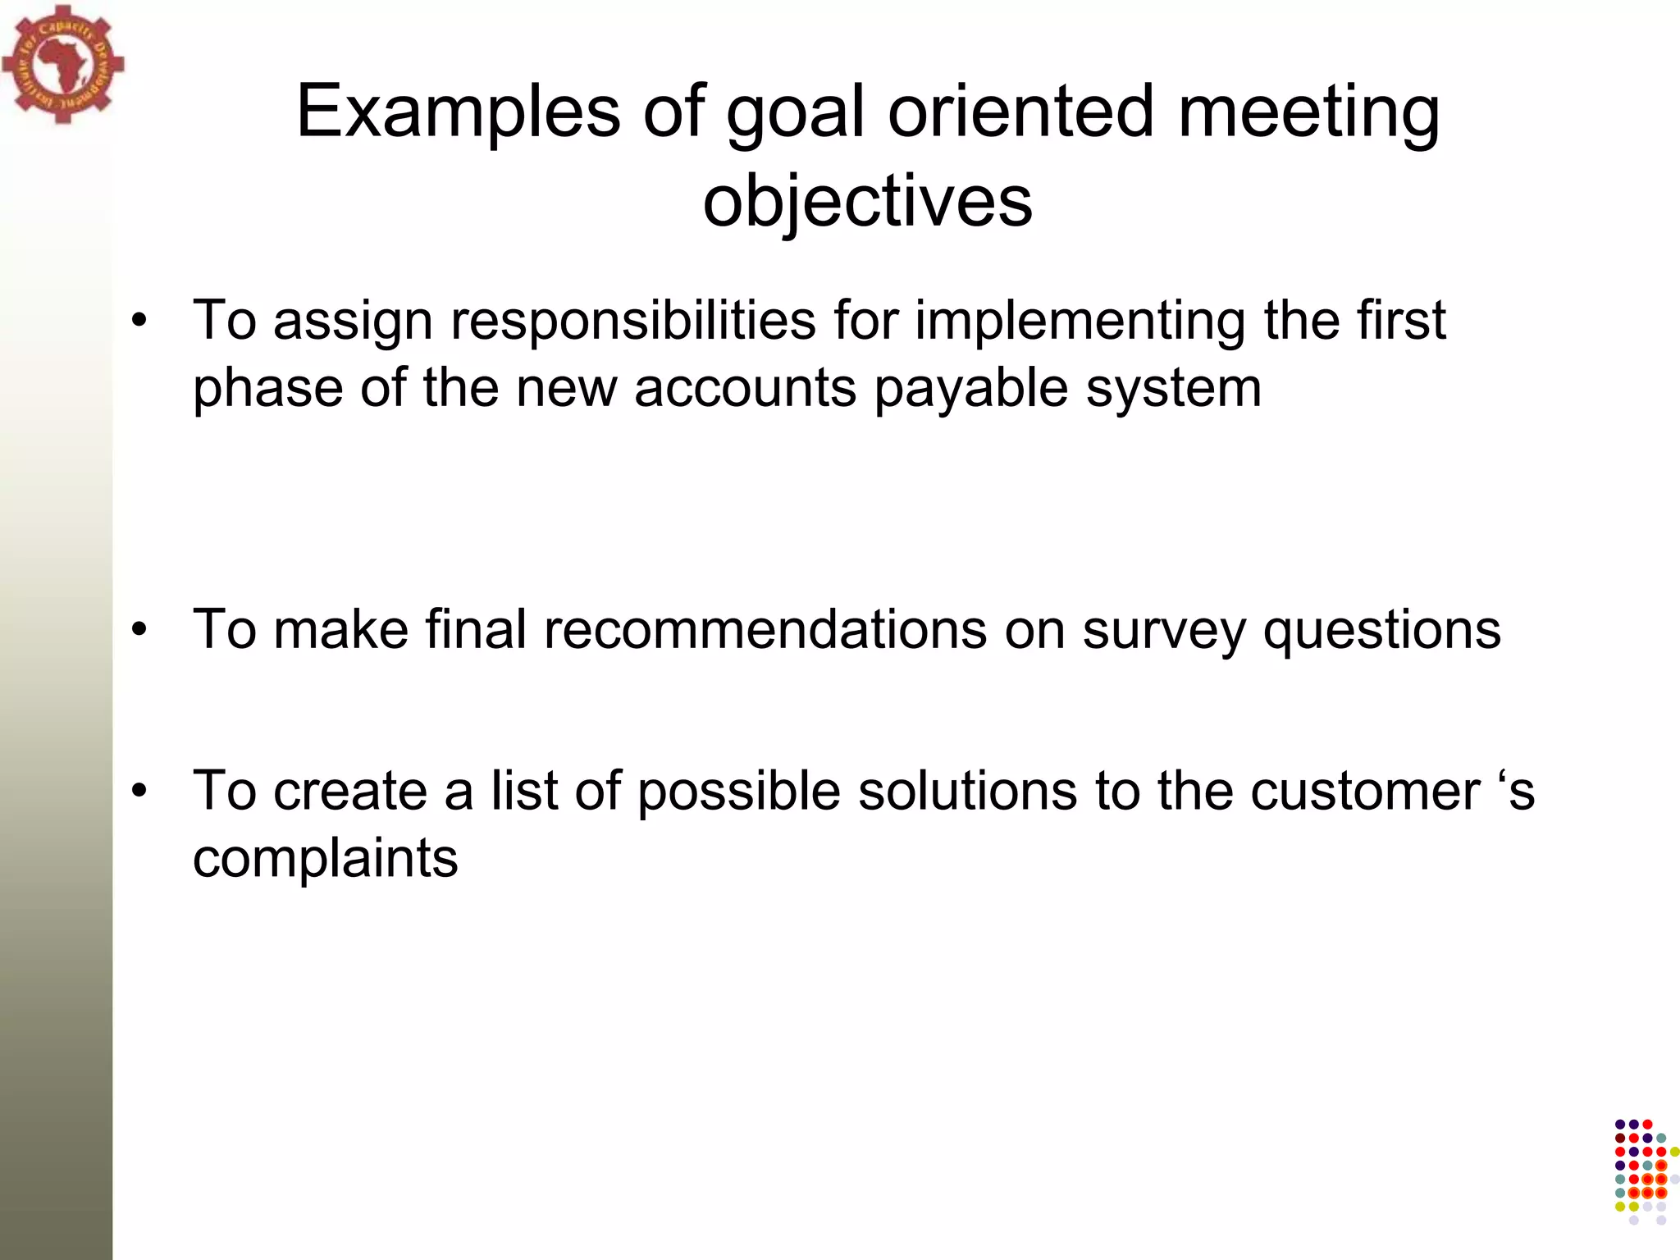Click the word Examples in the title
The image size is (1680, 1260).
click(x=458, y=112)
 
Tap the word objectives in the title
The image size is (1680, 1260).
click(x=867, y=202)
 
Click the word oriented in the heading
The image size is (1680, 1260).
click(x=1021, y=112)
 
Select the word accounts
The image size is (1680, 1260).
click(x=745, y=388)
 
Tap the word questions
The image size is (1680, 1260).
click(x=1381, y=630)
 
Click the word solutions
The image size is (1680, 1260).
click(x=967, y=792)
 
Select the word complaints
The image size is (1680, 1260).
click(x=325, y=860)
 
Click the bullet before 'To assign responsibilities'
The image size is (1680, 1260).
click(x=139, y=321)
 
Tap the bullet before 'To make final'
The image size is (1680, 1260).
click(x=139, y=630)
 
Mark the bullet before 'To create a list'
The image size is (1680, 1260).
click(x=139, y=792)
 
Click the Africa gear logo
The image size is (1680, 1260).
click(x=62, y=64)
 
